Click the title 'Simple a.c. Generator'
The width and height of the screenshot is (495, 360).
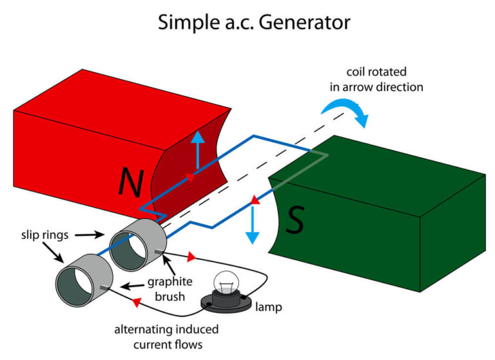click(x=254, y=23)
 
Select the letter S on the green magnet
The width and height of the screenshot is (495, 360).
click(x=295, y=221)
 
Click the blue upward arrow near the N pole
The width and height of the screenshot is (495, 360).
click(x=199, y=147)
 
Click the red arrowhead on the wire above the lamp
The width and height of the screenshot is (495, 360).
click(x=190, y=258)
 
